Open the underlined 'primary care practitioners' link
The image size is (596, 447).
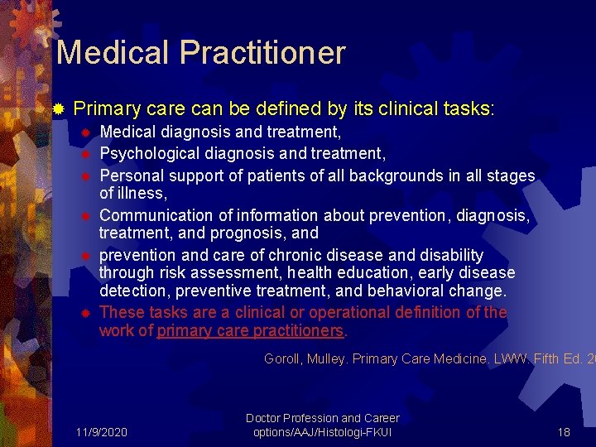click(x=250, y=331)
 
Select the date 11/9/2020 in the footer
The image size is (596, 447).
click(x=101, y=432)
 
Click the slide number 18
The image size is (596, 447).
click(x=564, y=432)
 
